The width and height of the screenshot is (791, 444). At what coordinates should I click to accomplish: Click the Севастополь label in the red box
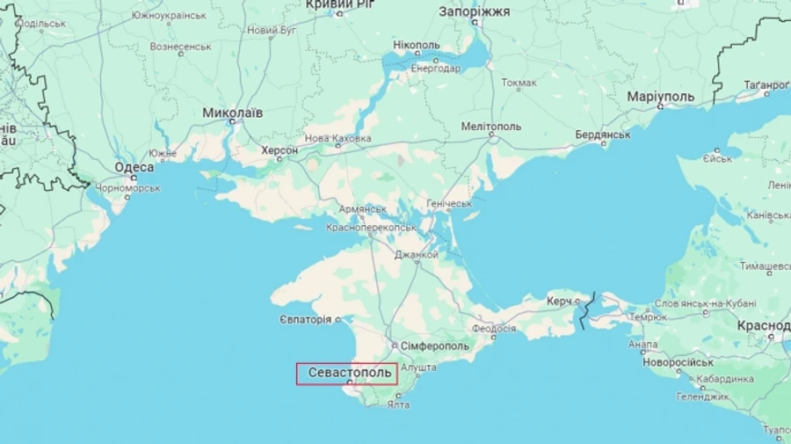click(x=350, y=373)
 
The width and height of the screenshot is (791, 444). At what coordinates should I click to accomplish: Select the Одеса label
click(x=134, y=167)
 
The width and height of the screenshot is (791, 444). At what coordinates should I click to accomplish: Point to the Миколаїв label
click(x=232, y=113)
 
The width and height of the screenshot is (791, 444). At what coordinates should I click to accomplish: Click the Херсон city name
click(x=279, y=150)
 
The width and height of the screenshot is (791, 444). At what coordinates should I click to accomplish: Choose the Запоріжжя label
click(x=474, y=11)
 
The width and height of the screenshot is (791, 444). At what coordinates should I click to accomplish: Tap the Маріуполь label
click(x=661, y=96)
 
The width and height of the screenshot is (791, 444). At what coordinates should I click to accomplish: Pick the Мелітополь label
click(x=491, y=127)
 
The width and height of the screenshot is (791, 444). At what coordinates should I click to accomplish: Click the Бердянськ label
click(x=603, y=135)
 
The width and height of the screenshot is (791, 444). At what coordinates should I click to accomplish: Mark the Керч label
click(x=559, y=301)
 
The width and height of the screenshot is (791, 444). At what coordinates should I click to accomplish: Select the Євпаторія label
click(x=306, y=319)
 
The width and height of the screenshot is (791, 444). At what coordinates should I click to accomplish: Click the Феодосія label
click(x=493, y=328)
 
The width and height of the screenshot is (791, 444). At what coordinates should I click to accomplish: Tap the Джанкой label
click(x=416, y=255)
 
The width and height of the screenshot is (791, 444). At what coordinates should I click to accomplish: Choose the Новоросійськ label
click(x=678, y=361)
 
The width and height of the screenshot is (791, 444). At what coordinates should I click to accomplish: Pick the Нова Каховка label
click(x=337, y=139)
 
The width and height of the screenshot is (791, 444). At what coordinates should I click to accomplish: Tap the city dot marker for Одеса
click(x=134, y=178)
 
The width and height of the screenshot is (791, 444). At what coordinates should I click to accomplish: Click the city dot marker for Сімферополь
click(x=394, y=346)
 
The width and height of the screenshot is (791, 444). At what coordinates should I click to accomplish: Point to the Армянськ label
click(x=363, y=209)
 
